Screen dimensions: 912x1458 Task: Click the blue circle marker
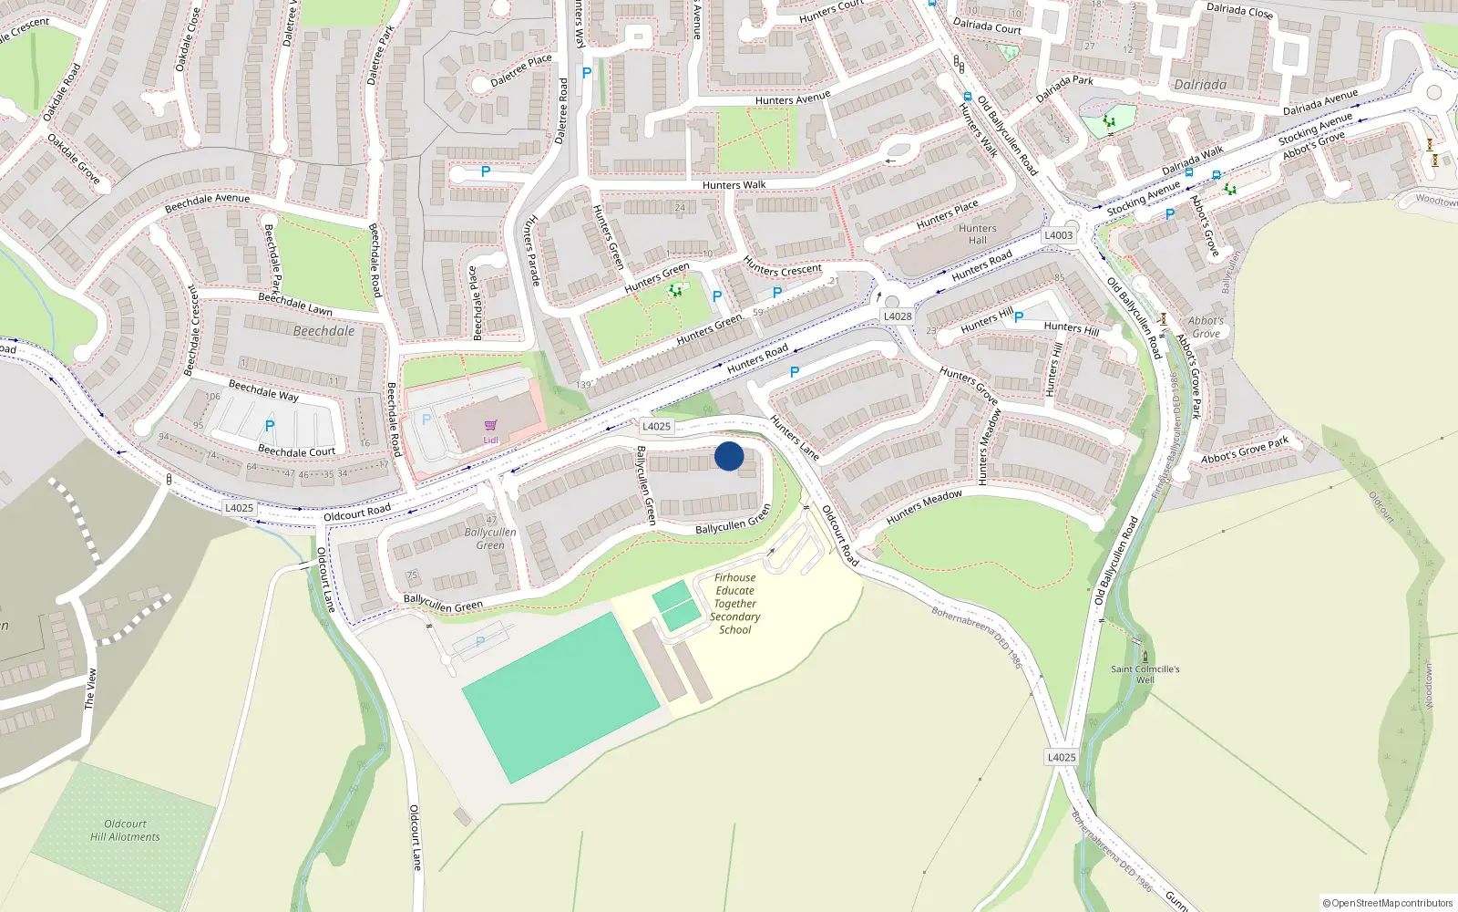coord(729,456)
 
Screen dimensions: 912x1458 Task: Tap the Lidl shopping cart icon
coord(491,426)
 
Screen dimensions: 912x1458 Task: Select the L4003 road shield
coord(1058,235)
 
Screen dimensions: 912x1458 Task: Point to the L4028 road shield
coord(898,316)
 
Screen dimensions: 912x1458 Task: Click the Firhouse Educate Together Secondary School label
coord(735,603)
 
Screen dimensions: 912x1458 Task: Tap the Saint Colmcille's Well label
coord(1145,674)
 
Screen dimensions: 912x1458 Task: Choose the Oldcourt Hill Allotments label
coord(125,830)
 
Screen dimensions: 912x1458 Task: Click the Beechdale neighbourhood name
coord(323,331)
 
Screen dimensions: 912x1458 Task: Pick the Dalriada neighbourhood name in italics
coord(1200,85)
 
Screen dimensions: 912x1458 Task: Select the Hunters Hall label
coord(977,234)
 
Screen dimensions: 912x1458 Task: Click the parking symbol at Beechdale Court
coord(270,426)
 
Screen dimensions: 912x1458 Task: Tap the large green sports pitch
coord(560,698)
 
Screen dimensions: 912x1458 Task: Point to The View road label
coord(89,689)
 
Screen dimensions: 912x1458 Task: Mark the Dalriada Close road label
coord(1239,11)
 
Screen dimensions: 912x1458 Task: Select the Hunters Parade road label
coord(532,250)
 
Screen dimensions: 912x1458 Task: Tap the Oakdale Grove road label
coord(73,160)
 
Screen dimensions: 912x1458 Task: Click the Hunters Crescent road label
coord(782,268)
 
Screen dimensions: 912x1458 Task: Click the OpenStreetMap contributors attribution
coord(1388,903)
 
